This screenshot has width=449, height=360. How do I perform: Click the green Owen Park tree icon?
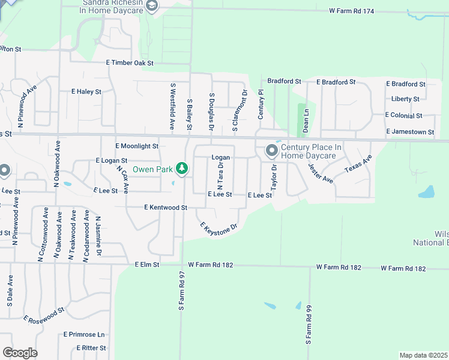tap(182, 169)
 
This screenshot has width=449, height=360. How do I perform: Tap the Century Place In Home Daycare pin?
tap(271, 150)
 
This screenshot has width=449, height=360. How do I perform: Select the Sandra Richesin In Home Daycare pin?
tap(152, 6)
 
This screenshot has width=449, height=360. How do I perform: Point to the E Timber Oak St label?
tap(130, 63)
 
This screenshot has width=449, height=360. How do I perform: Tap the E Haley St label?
tap(86, 92)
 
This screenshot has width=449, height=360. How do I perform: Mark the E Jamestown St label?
tap(410, 131)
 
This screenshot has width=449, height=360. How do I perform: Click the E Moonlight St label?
tap(136, 146)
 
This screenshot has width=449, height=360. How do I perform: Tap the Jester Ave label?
tap(320, 173)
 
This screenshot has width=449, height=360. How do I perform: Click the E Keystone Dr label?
tap(219, 229)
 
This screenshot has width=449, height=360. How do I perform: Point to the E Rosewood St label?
tap(44, 316)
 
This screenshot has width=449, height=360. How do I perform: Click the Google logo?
tap(20, 353)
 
